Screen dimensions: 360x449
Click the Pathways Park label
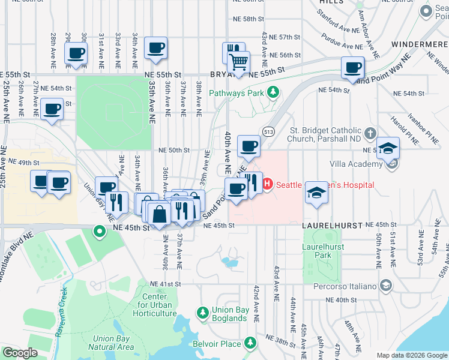(x=237, y=93)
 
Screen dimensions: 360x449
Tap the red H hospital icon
(x=268, y=184)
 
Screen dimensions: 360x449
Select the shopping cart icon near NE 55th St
(x=239, y=61)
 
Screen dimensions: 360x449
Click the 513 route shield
(x=268, y=131)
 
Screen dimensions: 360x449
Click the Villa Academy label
(x=356, y=164)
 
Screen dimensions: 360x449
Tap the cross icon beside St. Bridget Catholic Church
(x=371, y=132)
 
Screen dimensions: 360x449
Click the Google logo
(x=20, y=353)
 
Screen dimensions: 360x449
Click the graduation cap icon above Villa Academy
(x=388, y=148)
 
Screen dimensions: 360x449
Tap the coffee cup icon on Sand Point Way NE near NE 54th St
(x=353, y=67)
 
